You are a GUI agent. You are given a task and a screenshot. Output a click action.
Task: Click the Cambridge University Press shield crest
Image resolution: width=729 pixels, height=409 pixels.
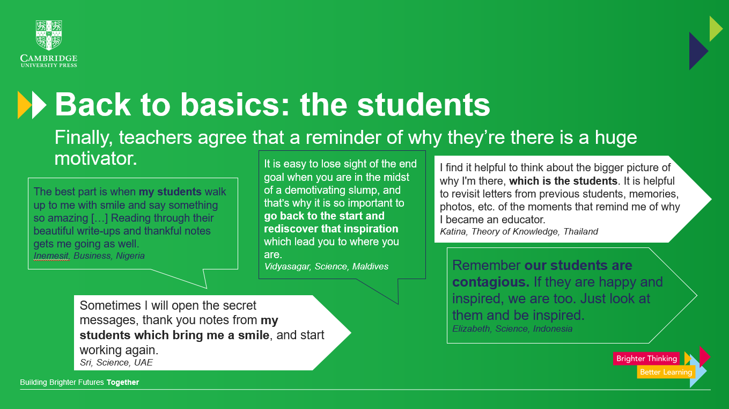[49, 35]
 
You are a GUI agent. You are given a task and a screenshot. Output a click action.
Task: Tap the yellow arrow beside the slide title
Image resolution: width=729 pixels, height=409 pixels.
[24, 105]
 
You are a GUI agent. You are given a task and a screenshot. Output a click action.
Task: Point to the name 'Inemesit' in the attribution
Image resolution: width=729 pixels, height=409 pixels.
[51, 255]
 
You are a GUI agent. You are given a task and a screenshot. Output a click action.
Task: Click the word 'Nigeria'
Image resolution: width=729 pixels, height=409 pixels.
[130, 255]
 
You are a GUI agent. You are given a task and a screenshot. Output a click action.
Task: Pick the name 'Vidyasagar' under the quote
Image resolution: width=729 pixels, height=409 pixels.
[287, 266]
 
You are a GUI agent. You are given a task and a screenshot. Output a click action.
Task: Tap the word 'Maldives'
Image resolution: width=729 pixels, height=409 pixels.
[370, 266]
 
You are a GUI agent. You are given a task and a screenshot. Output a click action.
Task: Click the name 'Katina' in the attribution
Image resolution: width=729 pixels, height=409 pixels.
[453, 231]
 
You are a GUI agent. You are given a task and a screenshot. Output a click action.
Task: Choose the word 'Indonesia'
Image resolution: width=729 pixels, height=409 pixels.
[553, 328]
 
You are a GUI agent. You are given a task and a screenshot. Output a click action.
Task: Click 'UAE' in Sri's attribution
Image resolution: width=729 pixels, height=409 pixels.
[143, 362]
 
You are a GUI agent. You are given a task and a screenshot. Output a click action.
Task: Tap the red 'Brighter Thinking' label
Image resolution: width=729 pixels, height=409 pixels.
[646, 359]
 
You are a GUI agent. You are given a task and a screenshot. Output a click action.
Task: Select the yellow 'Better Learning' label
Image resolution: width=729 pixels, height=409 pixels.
[666, 372]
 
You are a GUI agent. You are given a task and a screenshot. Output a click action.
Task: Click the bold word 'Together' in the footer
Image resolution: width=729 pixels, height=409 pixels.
[123, 382]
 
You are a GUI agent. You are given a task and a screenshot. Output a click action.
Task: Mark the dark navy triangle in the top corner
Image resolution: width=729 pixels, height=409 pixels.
[697, 51]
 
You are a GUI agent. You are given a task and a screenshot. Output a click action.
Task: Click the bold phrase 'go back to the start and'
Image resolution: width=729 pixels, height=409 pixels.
[324, 216]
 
